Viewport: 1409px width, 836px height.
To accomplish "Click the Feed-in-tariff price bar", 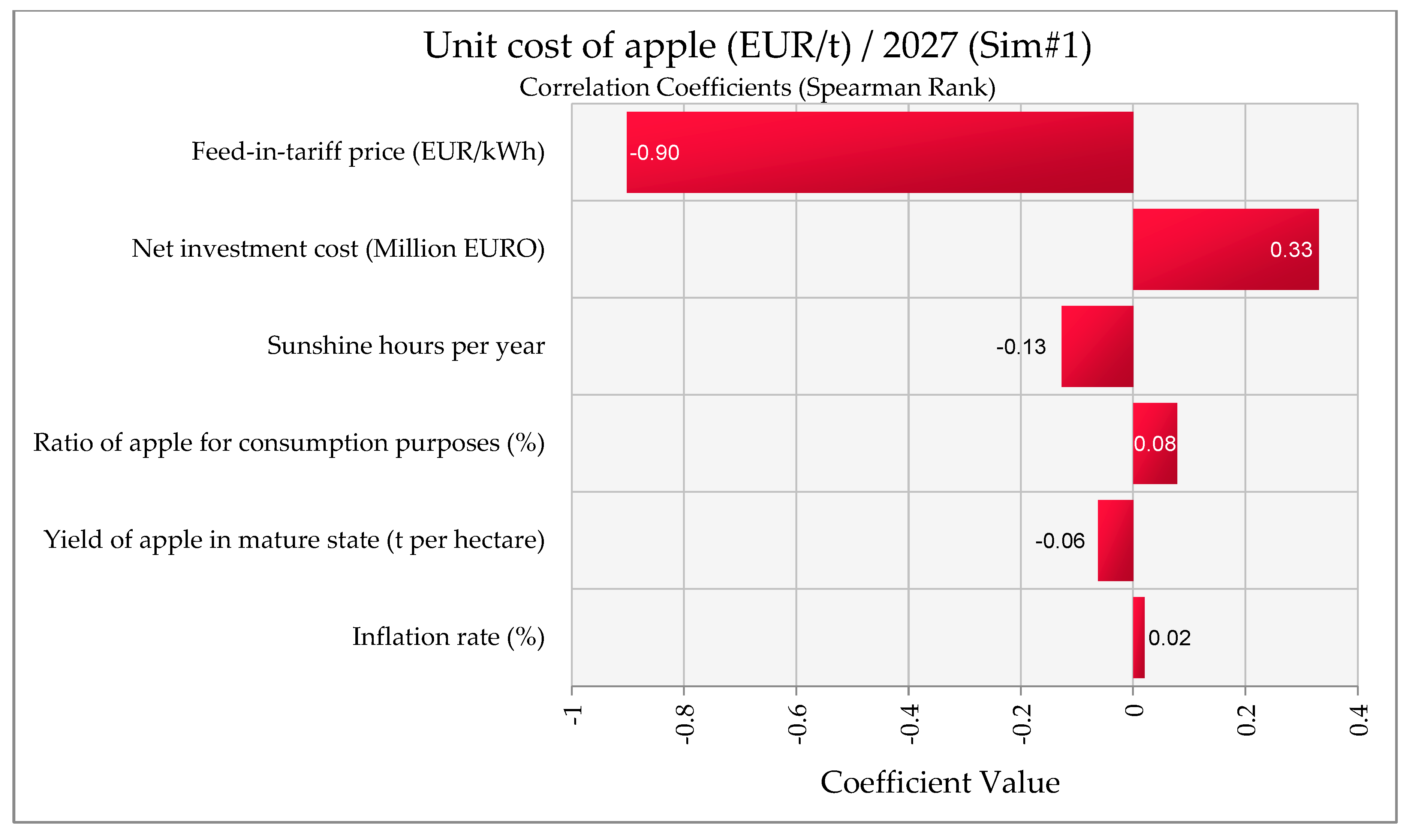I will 879,152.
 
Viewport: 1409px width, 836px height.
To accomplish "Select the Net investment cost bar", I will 1225,250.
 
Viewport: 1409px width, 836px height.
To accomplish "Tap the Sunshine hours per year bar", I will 1096,347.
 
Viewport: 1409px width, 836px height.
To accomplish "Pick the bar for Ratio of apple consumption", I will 1154,443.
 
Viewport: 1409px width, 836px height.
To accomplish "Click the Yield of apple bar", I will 1115,541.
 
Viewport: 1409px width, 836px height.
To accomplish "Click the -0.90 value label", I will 654,153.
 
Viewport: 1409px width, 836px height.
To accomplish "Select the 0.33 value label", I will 1291,250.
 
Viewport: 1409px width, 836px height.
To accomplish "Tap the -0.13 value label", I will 1020,347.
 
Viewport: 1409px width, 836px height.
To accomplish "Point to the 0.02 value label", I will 1169,638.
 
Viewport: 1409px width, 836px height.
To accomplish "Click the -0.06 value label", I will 1059,541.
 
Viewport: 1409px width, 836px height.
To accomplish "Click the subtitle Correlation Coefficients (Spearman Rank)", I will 757,87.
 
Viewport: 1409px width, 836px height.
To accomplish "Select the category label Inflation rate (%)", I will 448,637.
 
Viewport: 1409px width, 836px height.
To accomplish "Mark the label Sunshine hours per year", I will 406,346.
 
